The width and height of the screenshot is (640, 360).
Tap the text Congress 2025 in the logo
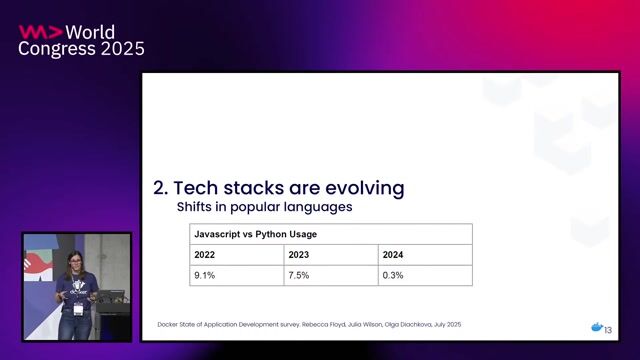(x=81, y=49)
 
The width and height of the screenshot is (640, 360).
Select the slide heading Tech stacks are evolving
(x=290, y=187)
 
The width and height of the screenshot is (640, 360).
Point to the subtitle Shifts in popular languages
(x=264, y=208)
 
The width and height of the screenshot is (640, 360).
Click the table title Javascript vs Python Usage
(x=254, y=234)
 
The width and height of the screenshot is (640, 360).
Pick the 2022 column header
(x=205, y=255)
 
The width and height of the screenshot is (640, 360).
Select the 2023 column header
(x=299, y=255)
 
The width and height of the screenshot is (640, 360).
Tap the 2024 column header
(x=393, y=255)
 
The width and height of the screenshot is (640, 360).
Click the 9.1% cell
(x=205, y=275)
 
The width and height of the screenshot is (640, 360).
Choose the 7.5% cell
(x=299, y=275)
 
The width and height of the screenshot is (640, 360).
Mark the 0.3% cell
(x=393, y=275)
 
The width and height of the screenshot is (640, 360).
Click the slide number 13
(x=608, y=329)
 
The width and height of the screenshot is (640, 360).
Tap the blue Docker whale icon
(x=596, y=327)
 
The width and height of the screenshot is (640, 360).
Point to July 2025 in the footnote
(x=442, y=325)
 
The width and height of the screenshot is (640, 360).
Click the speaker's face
(x=73, y=263)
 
